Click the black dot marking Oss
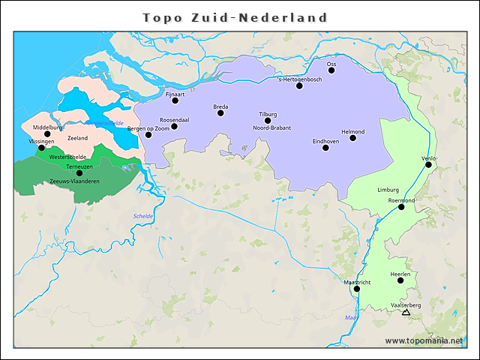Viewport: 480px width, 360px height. (x=331, y=70)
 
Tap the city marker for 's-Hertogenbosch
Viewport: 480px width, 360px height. (x=299, y=85)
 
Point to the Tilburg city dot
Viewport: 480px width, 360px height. (x=268, y=121)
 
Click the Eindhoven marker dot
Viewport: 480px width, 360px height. (x=325, y=148)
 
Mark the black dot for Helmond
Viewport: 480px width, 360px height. (x=352, y=138)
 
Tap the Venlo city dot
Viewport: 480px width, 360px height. (x=429, y=165)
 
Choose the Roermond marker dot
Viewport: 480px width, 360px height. (x=401, y=207)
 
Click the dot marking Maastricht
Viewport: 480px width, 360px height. (x=357, y=289)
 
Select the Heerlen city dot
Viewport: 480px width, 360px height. (x=400, y=280)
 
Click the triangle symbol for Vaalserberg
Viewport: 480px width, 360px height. (x=406, y=312)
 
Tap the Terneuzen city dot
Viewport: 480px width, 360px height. (x=79, y=173)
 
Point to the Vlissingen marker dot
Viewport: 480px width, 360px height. (x=41, y=148)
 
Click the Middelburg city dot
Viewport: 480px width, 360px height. (x=47, y=134)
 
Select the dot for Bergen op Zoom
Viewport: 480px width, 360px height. (x=148, y=135)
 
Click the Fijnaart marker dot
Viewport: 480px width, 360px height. (x=175, y=100)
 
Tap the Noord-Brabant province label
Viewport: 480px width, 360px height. (x=271, y=128)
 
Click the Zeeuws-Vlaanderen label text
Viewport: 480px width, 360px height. (x=74, y=181)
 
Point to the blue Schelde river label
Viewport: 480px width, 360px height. (x=142, y=216)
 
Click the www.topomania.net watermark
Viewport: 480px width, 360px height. (x=423, y=340)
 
